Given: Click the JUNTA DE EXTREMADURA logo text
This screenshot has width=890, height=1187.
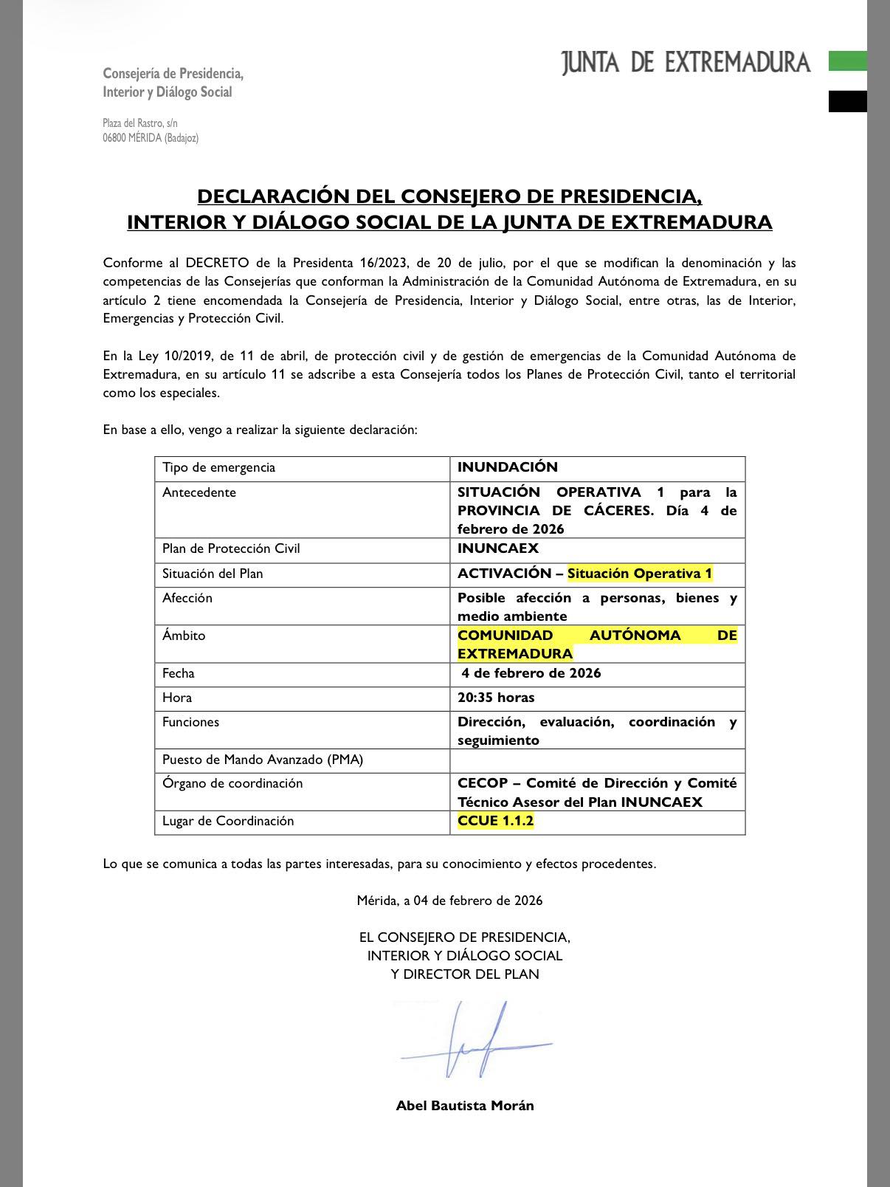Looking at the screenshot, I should click(686, 63).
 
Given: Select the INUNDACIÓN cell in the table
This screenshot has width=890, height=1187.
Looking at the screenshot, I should click(508, 467).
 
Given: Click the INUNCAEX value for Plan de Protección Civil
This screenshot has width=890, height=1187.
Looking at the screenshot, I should click(498, 548).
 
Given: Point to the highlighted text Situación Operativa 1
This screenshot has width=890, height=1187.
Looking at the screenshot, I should click(640, 574).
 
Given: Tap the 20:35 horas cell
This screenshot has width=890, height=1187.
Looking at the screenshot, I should click(496, 698).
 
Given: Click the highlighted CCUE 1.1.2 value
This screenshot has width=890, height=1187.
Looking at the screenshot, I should click(495, 821).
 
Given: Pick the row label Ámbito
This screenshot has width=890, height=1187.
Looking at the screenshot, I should click(184, 636).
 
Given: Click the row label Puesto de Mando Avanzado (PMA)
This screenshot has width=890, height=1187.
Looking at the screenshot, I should click(263, 760).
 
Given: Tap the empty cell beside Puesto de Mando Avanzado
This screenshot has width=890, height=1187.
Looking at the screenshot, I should click(597, 760).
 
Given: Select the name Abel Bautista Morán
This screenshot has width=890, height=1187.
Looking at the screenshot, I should click(465, 1105).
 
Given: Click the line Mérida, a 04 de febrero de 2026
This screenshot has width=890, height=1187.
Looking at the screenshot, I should click(449, 901).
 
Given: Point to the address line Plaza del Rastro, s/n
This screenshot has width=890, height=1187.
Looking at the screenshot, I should click(140, 123).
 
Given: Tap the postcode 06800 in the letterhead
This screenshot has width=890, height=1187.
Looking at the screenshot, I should click(114, 138).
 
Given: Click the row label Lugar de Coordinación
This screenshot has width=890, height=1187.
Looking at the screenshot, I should click(228, 821).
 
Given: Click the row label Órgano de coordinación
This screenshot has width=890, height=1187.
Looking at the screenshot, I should click(232, 783).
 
